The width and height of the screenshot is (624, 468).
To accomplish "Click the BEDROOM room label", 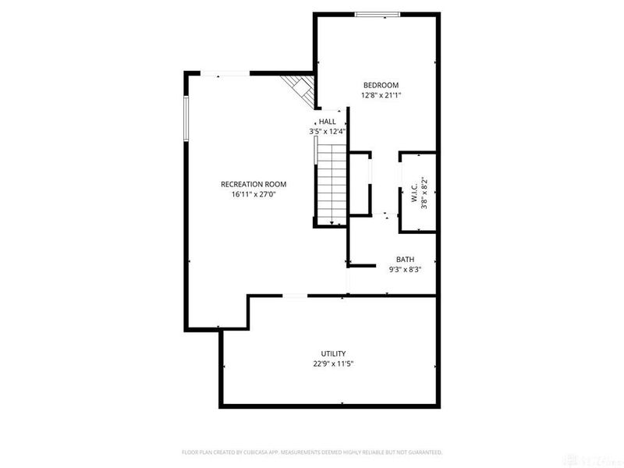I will pos(381,85).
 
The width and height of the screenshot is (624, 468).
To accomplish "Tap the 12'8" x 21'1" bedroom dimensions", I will pos(381,95).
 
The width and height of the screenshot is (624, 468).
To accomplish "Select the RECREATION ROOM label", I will pos(253,184).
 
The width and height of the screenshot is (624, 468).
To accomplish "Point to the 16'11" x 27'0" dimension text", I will pos(253,194).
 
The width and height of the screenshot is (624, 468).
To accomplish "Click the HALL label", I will pos(327,122).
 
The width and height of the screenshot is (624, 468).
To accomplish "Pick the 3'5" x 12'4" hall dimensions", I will pos(327,132).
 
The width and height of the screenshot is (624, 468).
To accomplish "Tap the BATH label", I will pos(405,260).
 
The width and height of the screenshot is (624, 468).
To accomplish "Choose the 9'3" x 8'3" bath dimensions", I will pos(405,270).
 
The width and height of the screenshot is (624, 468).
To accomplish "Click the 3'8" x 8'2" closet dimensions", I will pos(424,192).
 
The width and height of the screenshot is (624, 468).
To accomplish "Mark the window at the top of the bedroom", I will pos(378,14).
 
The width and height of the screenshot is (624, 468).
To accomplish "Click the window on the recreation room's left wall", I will pos(186,119).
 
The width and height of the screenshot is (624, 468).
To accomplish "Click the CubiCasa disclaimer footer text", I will pos(312,452).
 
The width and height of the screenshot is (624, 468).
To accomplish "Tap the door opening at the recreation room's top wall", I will pos(223,74).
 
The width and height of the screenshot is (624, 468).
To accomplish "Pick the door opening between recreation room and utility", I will pos(294,296).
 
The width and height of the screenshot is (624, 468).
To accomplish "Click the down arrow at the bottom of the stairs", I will pos(333,223).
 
